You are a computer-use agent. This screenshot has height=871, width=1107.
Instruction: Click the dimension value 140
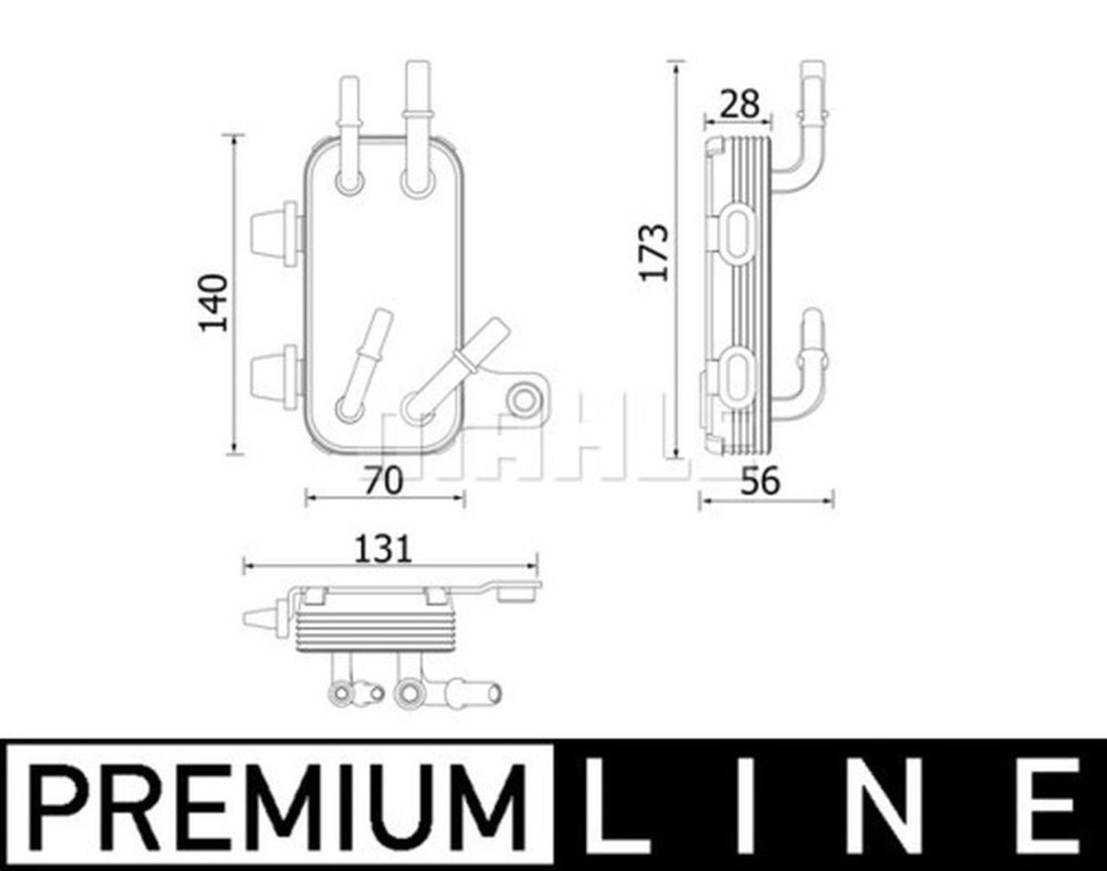coord(213,302)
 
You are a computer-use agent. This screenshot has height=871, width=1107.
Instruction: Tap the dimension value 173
coord(655,252)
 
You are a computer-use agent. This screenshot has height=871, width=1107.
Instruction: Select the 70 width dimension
coord(383,481)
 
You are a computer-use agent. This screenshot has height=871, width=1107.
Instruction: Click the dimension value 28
coord(740,105)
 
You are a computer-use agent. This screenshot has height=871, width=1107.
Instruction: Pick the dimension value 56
coord(762,481)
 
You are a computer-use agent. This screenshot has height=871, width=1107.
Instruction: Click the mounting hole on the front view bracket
coord(522,400)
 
